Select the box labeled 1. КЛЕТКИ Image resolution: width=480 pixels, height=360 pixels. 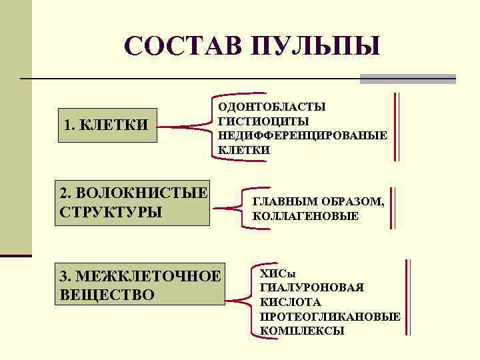click(x=107, y=125)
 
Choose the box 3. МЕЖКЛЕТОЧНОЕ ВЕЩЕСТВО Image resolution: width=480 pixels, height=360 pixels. click(x=139, y=285)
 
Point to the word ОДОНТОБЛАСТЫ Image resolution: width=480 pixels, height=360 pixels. click(x=272, y=107)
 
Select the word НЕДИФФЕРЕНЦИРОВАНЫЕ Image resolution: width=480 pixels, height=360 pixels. click(x=303, y=136)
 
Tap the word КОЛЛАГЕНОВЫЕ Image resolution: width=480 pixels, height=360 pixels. click(x=305, y=216)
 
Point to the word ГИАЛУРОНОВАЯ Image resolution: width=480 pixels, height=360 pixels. click(x=311, y=287)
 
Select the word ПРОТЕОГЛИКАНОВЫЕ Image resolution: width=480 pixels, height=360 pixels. click(x=329, y=316)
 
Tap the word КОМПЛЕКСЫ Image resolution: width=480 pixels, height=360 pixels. click(x=301, y=331)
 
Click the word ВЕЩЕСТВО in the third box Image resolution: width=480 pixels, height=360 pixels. click(x=107, y=294)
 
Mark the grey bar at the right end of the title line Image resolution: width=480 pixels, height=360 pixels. click(x=407, y=79)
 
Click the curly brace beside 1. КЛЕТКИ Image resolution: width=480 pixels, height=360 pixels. click(x=190, y=125)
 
